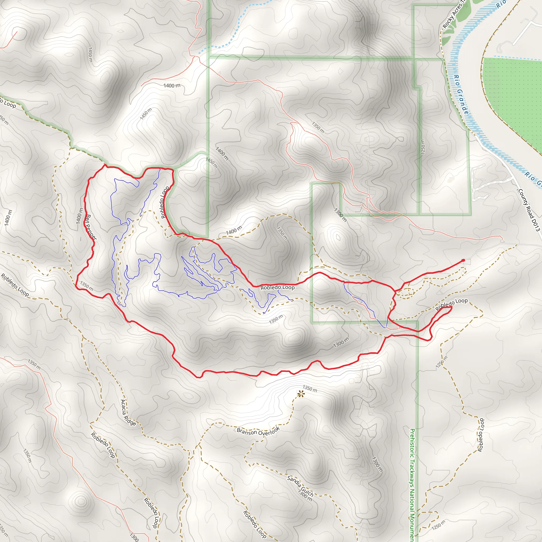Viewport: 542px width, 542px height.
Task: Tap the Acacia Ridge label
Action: (x=128, y=412)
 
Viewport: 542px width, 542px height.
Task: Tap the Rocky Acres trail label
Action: (x=452, y=17)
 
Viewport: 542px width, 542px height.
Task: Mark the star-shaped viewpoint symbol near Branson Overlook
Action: (x=301, y=394)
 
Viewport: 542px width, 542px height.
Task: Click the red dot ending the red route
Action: (x=463, y=260)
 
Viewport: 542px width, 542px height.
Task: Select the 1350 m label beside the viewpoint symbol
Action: (x=310, y=389)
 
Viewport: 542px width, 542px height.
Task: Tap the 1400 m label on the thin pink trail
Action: (x=172, y=85)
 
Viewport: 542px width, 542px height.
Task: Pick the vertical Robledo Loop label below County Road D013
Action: (x=481, y=435)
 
